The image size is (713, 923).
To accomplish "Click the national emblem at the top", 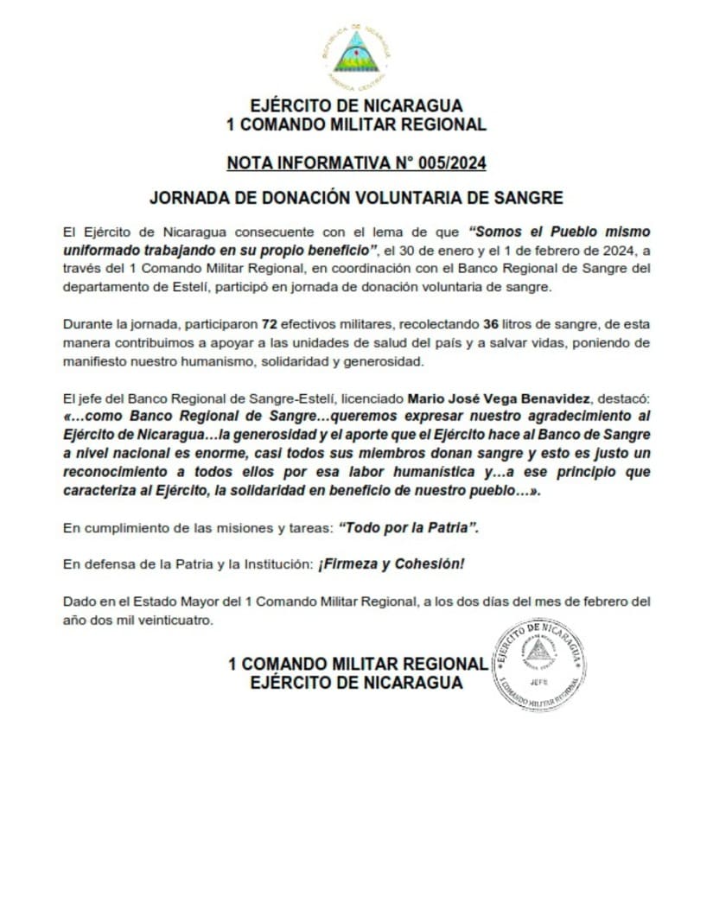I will click(355, 54).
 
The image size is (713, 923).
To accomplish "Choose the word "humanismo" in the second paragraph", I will click(222, 360).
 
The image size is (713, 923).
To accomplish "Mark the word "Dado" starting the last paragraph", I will click(79, 601).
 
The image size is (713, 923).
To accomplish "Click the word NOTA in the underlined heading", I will click(247, 162).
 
